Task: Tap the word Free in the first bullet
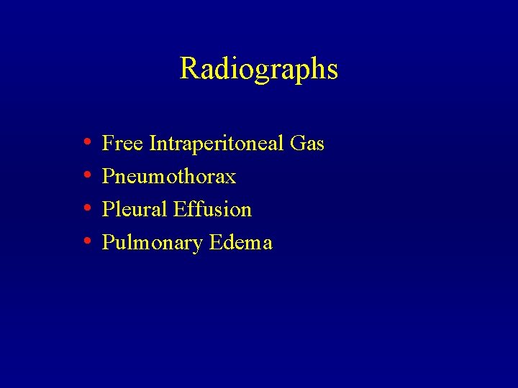(x=122, y=144)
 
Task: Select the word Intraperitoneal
(x=217, y=144)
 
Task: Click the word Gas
(x=308, y=144)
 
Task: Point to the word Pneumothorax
(x=169, y=177)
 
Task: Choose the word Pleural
(x=135, y=209)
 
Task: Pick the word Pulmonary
(x=153, y=243)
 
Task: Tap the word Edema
(x=241, y=242)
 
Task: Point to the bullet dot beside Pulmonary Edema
(x=86, y=242)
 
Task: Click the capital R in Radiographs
(x=188, y=69)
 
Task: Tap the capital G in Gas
(x=298, y=144)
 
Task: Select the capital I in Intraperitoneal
(x=153, y=144)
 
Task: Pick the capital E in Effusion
(x=180, y=209)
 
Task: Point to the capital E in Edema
(x=215, y=242)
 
